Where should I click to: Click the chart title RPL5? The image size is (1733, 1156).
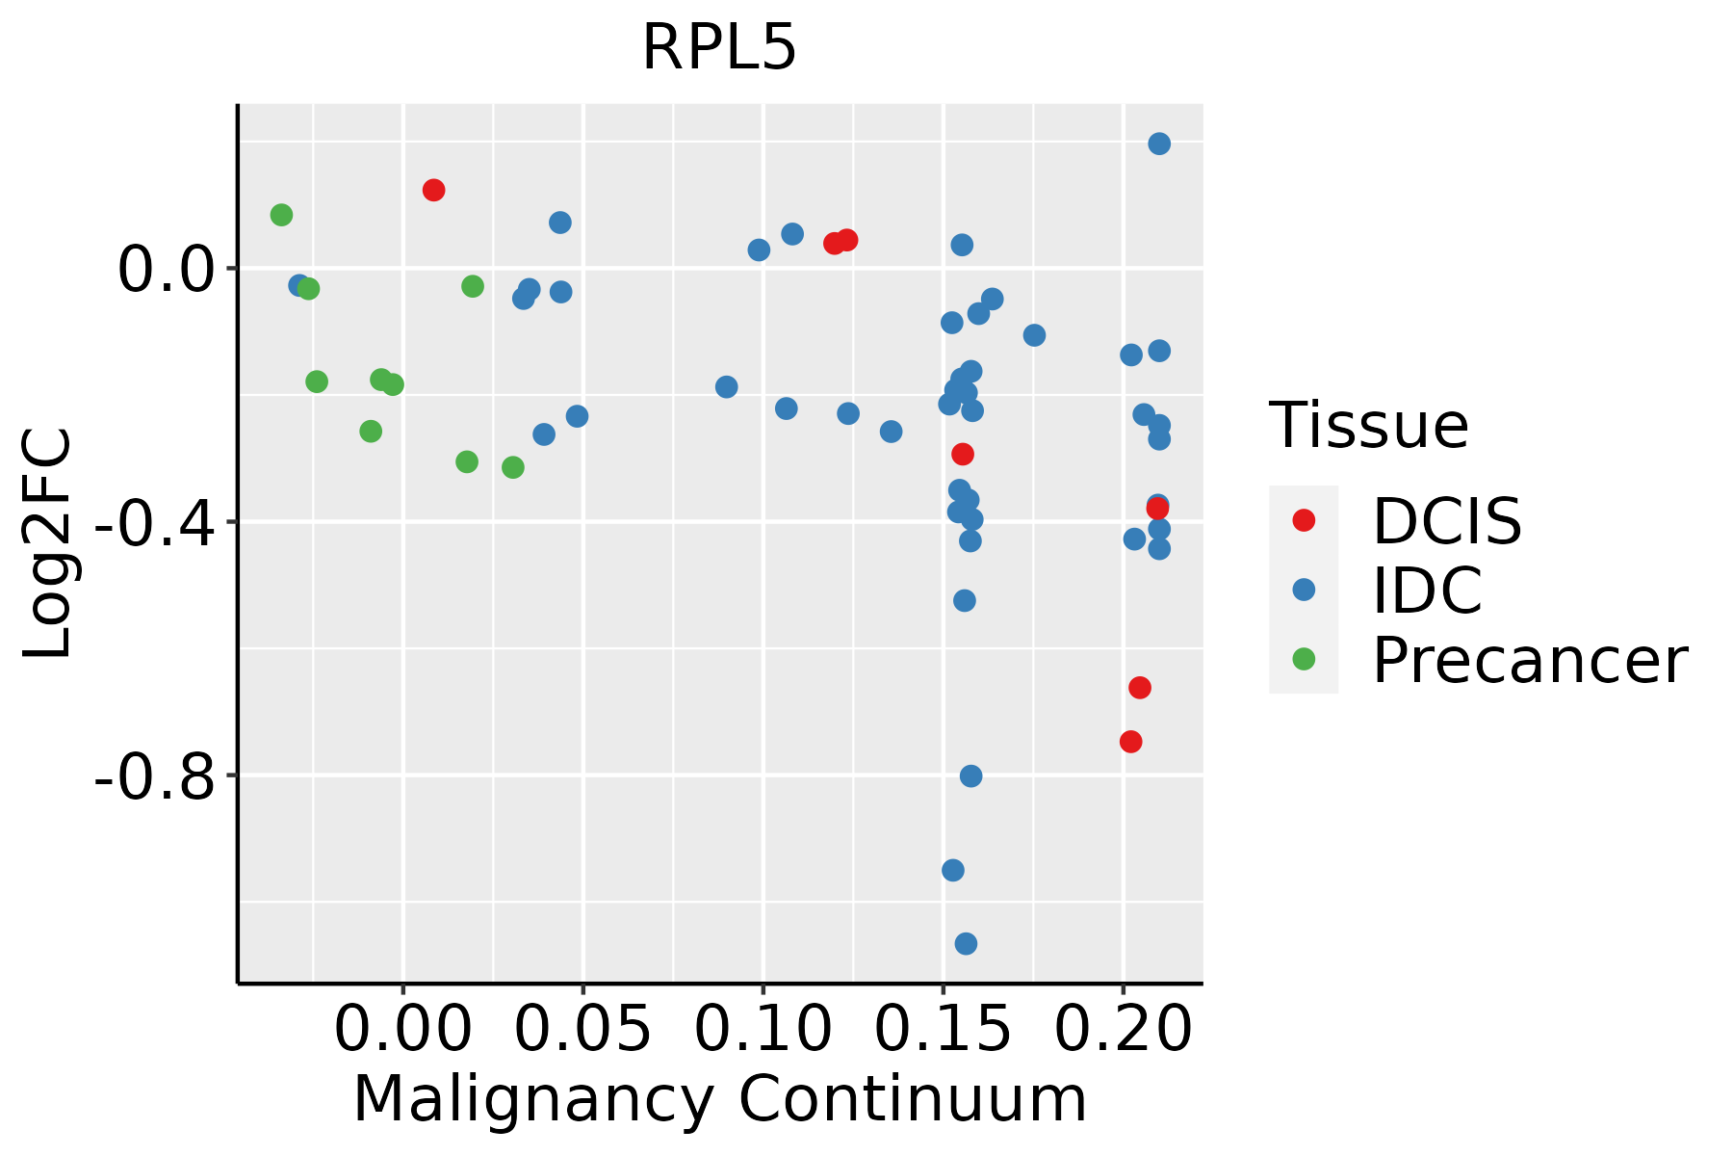pyautogui.click(x=719, y=46)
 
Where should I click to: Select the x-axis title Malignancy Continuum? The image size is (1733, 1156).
pyautogui.click(x=720, y=1099)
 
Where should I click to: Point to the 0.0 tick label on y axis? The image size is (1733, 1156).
pyautogui.click(x=164, y=270)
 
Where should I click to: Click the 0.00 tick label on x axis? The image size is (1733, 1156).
pyautogui.click(x=402, y=1030)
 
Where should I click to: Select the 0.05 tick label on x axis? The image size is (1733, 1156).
pyautogui.click(x=582, y=1030)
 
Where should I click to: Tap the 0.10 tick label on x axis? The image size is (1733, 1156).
pyautogui.click(x=763, y=1030)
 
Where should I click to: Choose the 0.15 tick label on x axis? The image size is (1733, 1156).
pyautogui.click(x=943, y=1030)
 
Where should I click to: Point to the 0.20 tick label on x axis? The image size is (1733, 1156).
pyautogui.click(x=1123, y=1030)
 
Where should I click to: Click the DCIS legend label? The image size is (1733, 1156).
pyautogui.click(x=1446, y=521)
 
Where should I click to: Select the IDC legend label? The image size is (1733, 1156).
pyautogui.click(x=1427, y=591)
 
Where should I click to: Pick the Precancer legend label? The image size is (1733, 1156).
pyautogui.click(x=1529, y=660)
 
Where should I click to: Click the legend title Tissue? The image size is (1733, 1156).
pyautogui.click(x=1368, y=425)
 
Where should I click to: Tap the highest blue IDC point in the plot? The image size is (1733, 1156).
pyautogui.click(x=1159, y=144)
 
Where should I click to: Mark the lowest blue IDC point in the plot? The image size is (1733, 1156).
pyautogui.click(x=966, y=943)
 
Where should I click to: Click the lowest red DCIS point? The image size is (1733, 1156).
pyautogui.click(x=1131, y=742)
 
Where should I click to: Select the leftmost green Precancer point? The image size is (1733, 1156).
pyautogui.click(x=281, y=215)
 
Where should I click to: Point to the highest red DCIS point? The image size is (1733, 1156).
pyautogui.click(x=433, y=190)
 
